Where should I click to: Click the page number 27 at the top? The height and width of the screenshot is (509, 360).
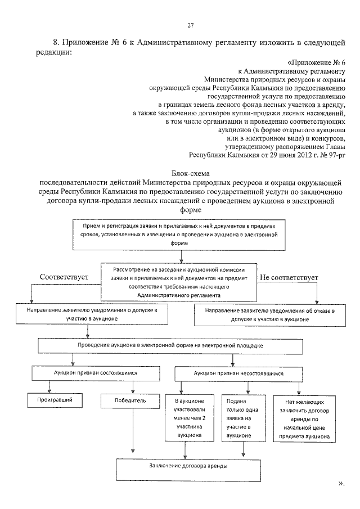point(190,25)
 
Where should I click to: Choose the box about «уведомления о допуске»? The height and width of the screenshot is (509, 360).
point(89,314)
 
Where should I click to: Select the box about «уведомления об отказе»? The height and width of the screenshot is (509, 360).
point(267,314)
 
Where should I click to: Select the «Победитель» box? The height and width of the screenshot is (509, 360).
point(132,400)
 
